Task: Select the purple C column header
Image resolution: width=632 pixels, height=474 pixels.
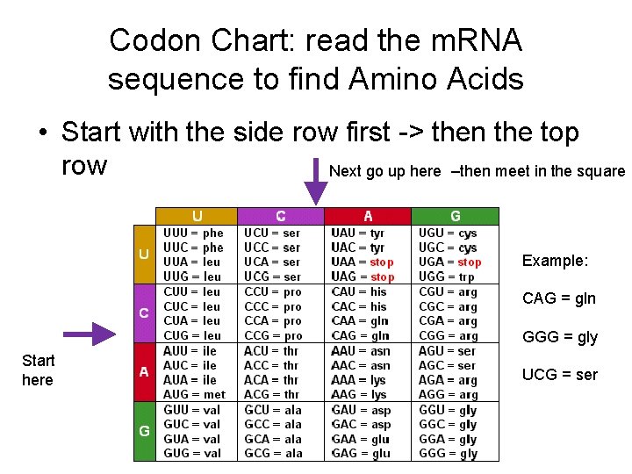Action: click(280, 216)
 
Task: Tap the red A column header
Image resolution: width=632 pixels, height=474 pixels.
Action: click(368, 216)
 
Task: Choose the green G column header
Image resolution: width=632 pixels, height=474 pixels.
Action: click(455, 216)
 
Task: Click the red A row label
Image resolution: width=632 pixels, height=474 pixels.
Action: click(143, 371)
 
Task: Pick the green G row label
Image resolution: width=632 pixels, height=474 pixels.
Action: click(143, 431)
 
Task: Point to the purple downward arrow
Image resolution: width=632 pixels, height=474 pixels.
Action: click(314, 183)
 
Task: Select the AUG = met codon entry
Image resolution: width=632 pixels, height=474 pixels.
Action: click(194, 394)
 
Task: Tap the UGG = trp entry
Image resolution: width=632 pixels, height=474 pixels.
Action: click(447, 276)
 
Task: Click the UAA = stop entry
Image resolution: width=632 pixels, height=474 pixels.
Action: click(363, 262)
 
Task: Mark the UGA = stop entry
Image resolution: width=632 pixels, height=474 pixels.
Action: click(449, 262)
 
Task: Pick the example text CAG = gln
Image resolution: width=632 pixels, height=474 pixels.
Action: click(559, 298)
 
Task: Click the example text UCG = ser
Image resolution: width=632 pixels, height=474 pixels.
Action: click(560, 374)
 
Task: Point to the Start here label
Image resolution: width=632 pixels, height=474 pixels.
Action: click(38, 370)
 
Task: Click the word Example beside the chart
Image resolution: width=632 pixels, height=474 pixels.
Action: click(555, 261)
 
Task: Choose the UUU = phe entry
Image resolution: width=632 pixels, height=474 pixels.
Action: click(193, 233)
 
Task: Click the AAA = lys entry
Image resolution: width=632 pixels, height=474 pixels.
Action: click(359, 380)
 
